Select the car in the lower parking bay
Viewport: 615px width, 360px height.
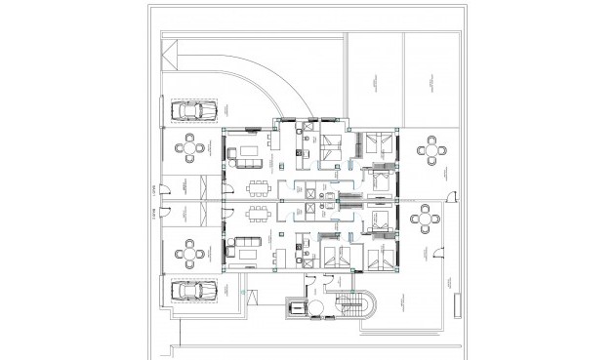pos(192,289)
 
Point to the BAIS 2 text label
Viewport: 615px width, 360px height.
pos(152,220)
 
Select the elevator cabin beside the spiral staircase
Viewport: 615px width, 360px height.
pos(294,308)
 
